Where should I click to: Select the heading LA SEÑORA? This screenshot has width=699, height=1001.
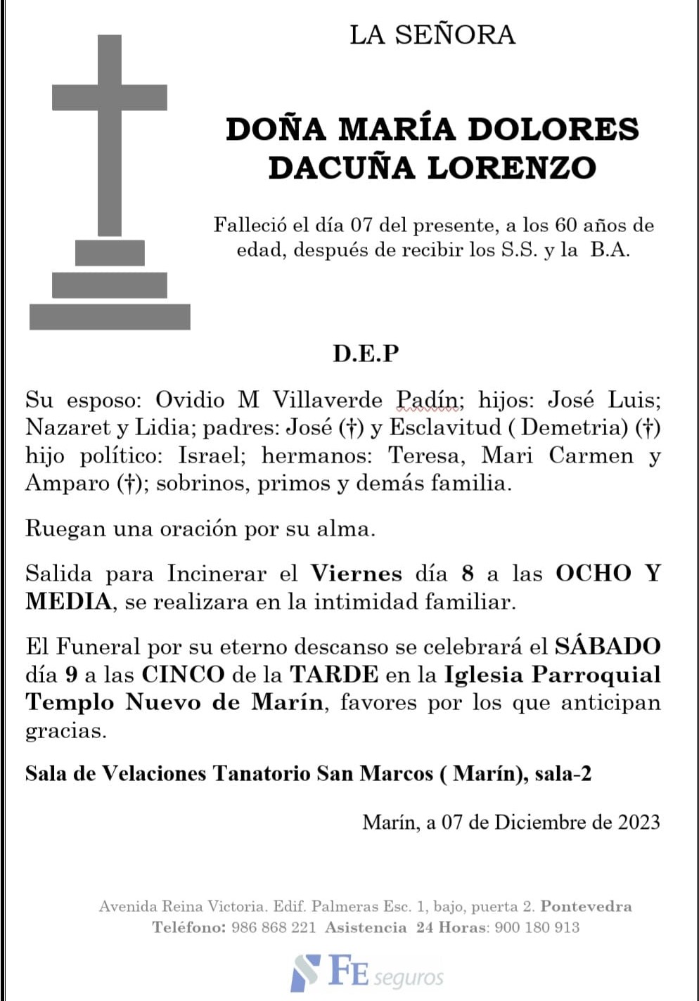pos(432,35)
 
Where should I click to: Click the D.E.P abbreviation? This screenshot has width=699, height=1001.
pos(366,353)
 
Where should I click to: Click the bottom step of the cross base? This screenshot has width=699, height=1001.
pos(110,316)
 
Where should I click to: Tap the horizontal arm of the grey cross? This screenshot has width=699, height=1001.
pos(110,97)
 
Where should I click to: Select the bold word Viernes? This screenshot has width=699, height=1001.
pos(357,574)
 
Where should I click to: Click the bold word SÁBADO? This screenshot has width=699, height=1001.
pos(608,646)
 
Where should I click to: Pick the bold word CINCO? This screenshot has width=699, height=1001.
pos(183,674)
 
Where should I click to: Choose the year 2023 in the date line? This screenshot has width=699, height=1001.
pos(639,822)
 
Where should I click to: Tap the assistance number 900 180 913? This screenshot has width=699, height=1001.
pos(537,927)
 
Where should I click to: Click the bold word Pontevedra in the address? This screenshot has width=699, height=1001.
pos(586,906)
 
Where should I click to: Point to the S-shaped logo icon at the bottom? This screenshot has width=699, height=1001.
pos(305,972)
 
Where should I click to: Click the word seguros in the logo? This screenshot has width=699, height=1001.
pos(409,978)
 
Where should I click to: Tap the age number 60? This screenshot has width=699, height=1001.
pos(566,225)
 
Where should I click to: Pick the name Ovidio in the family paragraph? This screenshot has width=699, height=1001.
pos(189,400)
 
